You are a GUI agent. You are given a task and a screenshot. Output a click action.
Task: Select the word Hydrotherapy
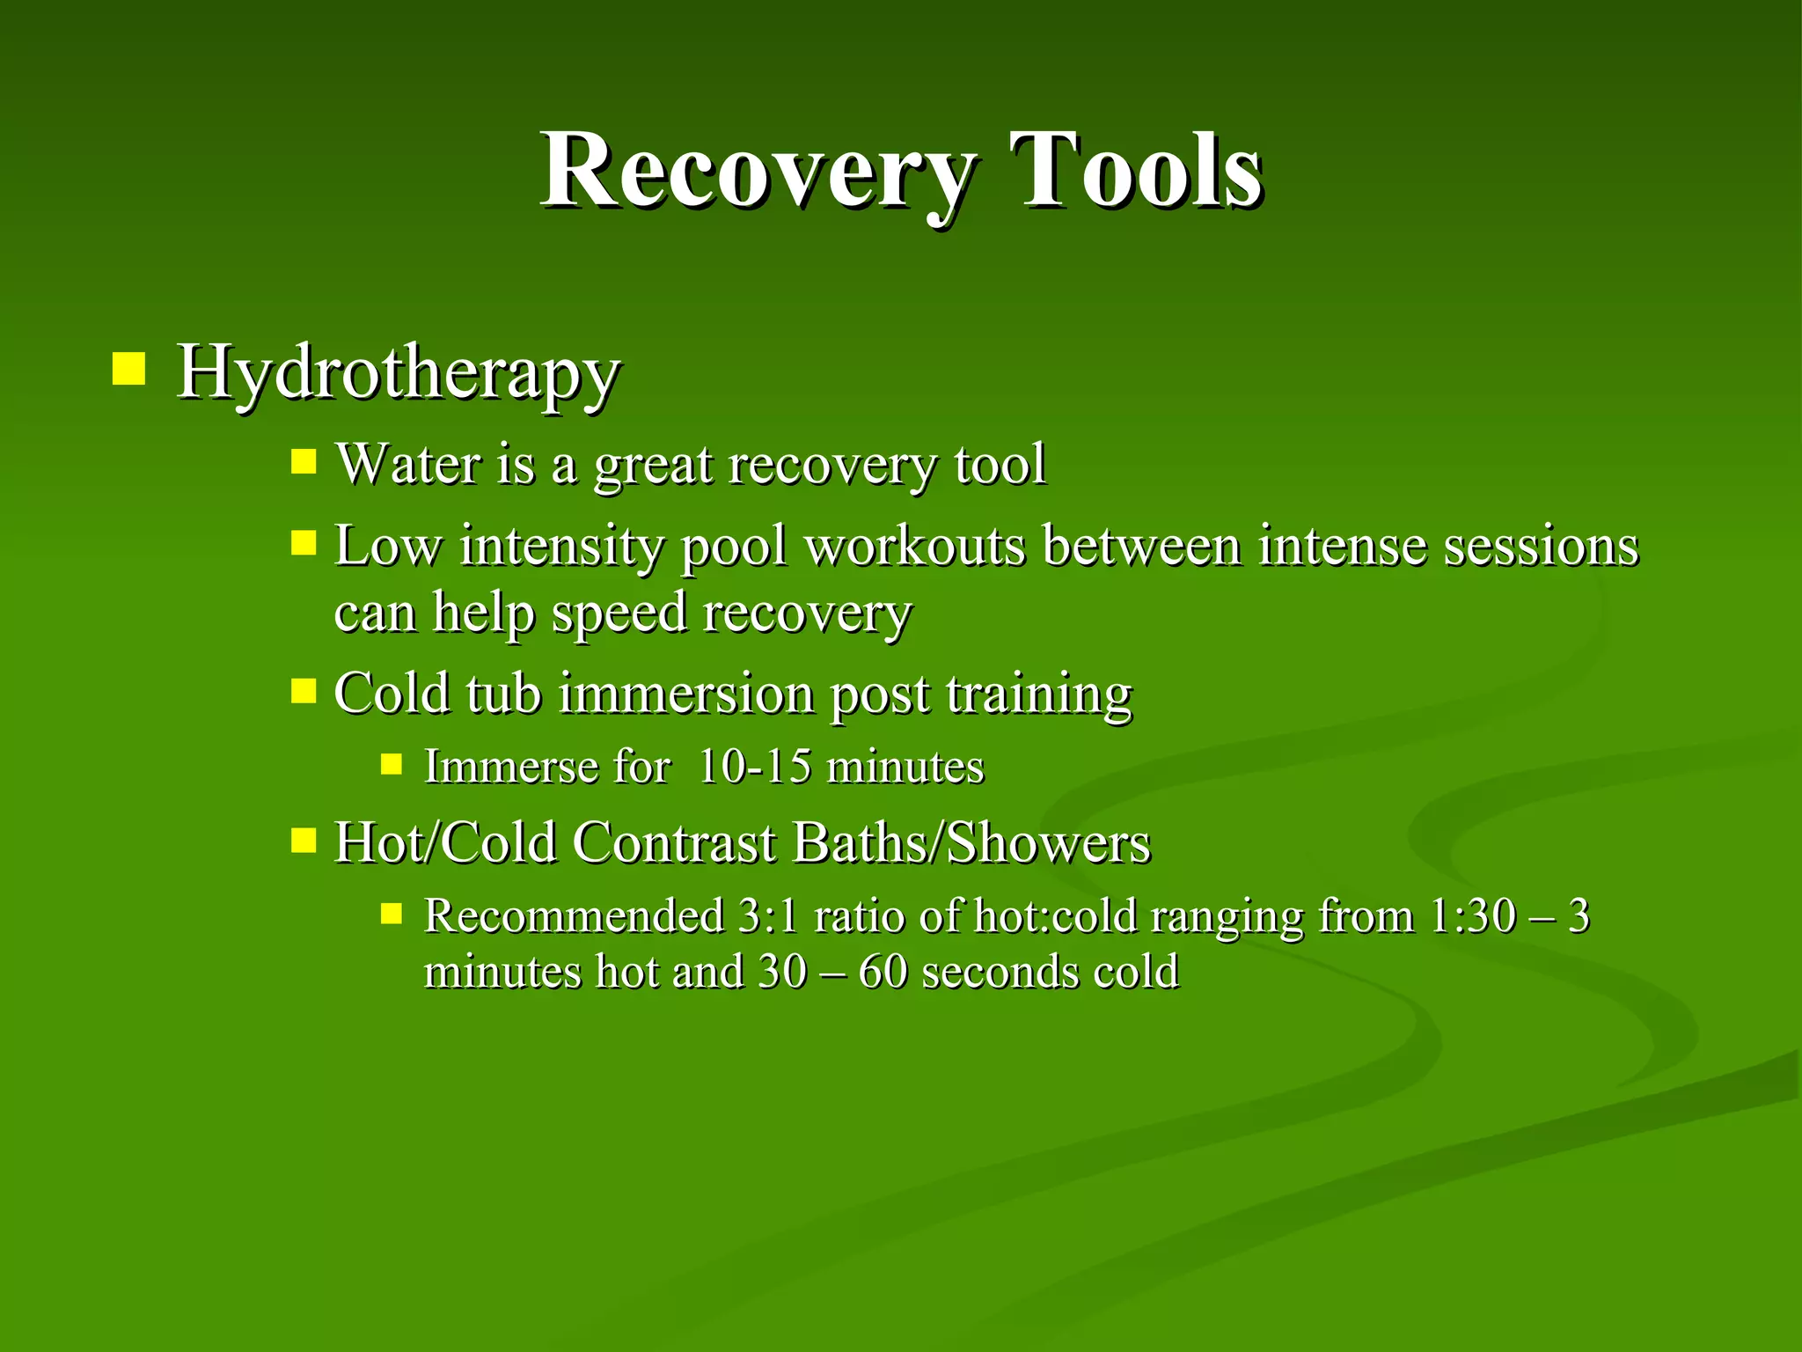pos(398,373)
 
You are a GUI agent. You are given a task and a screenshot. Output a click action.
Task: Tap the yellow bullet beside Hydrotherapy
pos(128,369)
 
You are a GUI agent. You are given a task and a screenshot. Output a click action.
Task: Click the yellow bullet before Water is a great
pos(304,461)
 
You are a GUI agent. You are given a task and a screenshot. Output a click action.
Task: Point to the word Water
pos(408,464)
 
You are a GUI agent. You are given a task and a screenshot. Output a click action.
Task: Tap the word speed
pos(618,613)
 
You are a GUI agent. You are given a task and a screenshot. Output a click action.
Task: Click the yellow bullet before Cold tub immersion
pos(304,690)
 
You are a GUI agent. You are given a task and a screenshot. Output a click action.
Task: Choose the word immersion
pos(686,694)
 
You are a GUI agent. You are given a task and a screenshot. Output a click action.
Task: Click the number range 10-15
pos(754,766)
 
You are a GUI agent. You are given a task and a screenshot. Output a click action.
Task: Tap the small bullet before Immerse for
pos(392,763)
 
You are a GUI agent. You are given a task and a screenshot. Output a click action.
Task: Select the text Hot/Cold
pos(445,842)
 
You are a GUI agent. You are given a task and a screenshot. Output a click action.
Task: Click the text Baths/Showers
pos(971,842)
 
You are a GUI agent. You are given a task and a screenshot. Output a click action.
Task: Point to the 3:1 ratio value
pos(767,915)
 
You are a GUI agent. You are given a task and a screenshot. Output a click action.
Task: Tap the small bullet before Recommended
pos(392,914)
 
